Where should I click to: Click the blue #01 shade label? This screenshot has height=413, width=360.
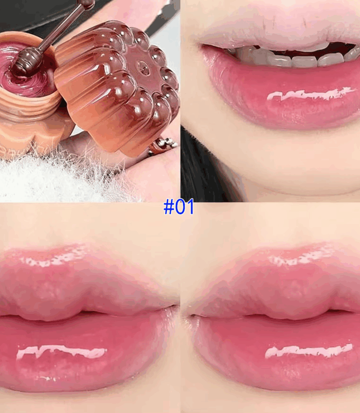point(179,206)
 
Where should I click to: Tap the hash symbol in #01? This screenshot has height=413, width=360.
point(169,207)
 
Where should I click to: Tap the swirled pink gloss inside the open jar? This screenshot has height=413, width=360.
point(25,77)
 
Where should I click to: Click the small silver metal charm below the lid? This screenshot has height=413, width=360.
point(162,146)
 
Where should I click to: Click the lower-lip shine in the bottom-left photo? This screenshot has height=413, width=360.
point(61,352)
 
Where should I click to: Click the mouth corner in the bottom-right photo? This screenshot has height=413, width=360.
point(190,315)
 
